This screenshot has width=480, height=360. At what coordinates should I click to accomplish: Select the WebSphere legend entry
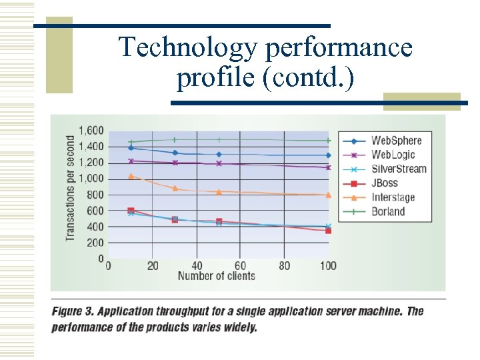[x=396, y=141]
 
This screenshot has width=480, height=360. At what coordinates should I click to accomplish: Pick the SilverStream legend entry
[x=399, y=169]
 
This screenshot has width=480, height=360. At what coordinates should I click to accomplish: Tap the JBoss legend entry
[x=384, y=183]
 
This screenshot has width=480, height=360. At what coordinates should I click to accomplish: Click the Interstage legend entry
[x=393, y=197]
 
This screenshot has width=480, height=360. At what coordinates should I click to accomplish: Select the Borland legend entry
[x=387, y=211]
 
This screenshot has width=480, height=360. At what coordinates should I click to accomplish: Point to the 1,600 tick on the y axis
[x=91, y=131]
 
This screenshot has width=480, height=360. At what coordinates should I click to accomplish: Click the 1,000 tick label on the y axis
[x=91, y=179]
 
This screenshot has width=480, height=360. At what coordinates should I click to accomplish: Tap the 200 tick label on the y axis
[x=95, y=243]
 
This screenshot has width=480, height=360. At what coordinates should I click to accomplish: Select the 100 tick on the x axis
[x=327, y=266]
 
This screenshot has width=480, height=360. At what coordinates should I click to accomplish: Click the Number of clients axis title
[x=216, y=276]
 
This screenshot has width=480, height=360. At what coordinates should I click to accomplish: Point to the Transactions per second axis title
[x=71, y=188]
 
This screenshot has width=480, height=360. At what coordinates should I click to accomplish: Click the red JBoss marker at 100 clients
[x=328, y=230]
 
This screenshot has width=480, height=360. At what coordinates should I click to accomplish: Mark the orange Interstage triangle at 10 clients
[x=131, y=176]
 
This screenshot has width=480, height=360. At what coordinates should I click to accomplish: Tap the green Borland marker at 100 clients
[x=328, y=141]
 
